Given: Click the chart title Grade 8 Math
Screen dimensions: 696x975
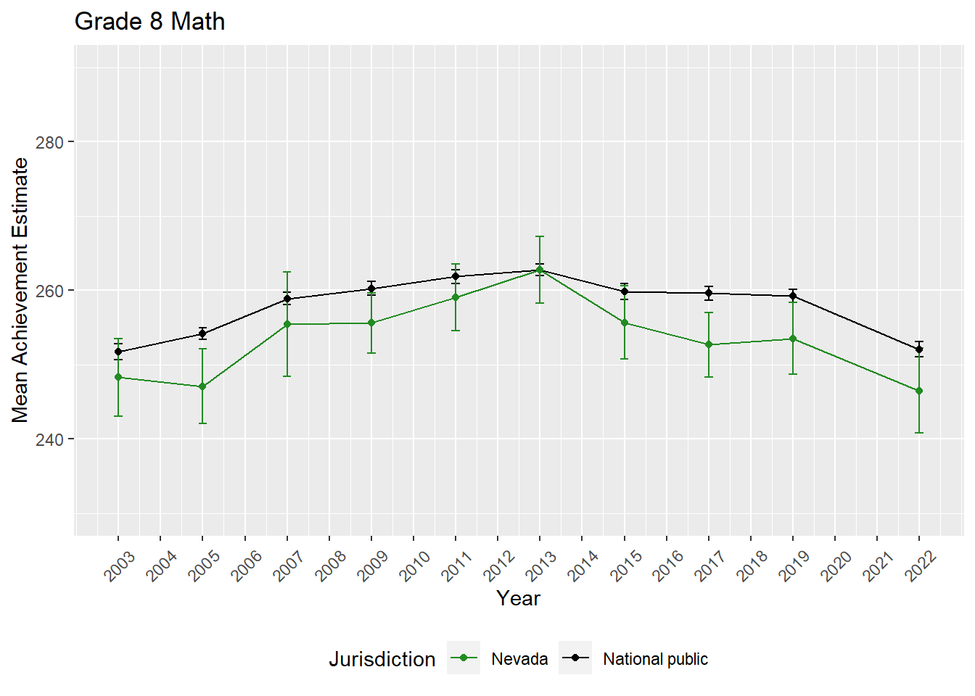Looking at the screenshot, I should (149, 22).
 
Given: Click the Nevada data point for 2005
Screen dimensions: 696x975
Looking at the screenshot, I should (202, 386).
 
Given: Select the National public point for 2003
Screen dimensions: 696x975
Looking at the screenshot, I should (118, 352).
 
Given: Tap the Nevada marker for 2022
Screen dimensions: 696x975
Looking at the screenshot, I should (919, 391).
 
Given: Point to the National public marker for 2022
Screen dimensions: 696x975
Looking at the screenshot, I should (919, 349).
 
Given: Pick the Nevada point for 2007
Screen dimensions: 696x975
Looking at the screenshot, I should (287, 324).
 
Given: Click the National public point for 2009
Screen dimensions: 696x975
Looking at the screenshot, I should (371, 289).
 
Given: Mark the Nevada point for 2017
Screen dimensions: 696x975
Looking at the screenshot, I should (709, 344).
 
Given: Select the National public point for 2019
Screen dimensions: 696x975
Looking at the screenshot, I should (793, 296).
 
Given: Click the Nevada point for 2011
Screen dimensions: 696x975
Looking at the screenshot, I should (456, 297).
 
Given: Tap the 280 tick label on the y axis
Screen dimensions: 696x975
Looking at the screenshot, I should (49, 142).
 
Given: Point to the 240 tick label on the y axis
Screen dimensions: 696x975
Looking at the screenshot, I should (49, 439).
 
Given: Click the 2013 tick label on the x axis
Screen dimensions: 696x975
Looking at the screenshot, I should (542, 565).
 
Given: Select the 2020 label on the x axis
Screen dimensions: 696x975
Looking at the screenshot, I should (836, 565).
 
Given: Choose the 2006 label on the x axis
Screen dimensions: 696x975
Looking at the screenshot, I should (247, 565).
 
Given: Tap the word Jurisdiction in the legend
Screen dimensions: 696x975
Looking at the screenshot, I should (382, 659).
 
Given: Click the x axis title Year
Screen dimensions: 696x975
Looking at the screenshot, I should (518, 598).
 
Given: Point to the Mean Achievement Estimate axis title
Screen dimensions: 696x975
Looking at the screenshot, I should (20, 290).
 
